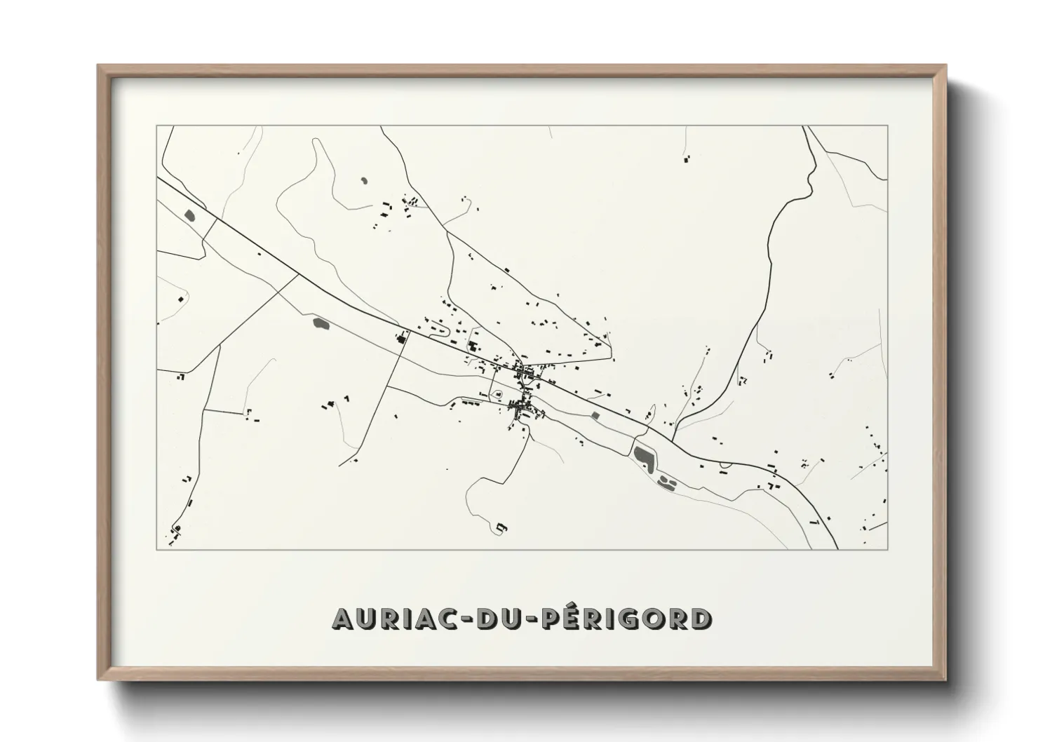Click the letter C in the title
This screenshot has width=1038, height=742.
pos(447,619)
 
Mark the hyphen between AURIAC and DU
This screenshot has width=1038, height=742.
pos(466,620)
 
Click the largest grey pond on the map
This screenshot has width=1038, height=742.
pos(644,457)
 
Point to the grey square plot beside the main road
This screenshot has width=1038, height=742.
pos(596,416)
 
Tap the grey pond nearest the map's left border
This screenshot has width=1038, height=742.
pos(189,215)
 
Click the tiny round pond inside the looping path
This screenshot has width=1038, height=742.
pos(363,181)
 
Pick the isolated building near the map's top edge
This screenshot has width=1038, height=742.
pos(686,161)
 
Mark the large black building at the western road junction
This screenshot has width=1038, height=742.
pos(402,339)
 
